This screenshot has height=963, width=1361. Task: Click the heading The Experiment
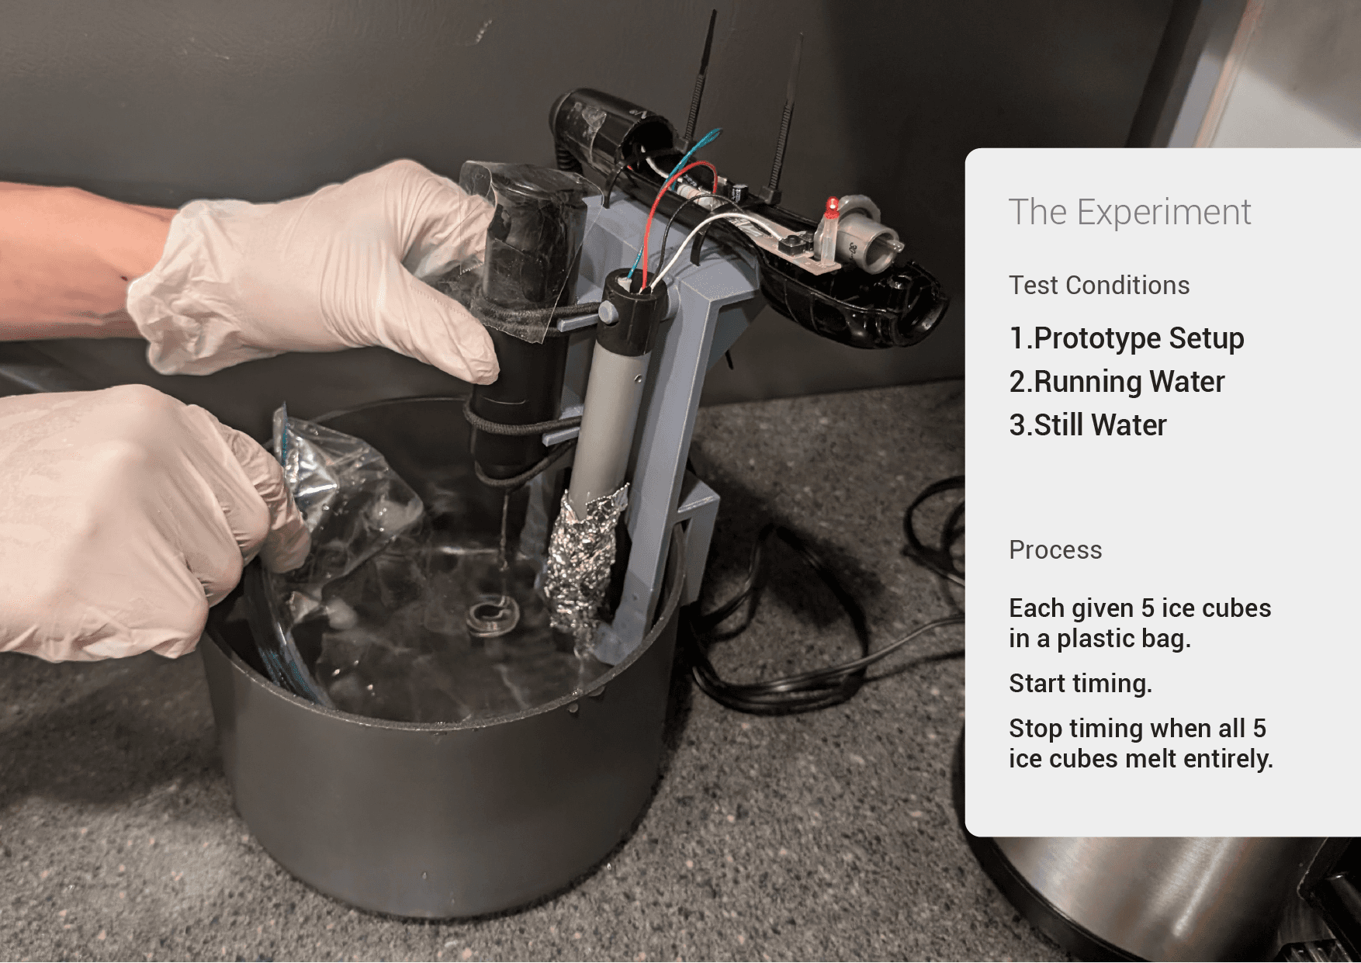(1129, 212)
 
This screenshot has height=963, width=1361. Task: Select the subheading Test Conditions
(1099, 285)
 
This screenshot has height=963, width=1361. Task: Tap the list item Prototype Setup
(1127, 338)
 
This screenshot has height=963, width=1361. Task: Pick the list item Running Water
(1117, 382)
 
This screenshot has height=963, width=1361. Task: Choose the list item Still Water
(1088, 425)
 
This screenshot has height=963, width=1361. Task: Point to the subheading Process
(1055, 549)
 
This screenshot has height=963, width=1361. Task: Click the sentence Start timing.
(1080, 683)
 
